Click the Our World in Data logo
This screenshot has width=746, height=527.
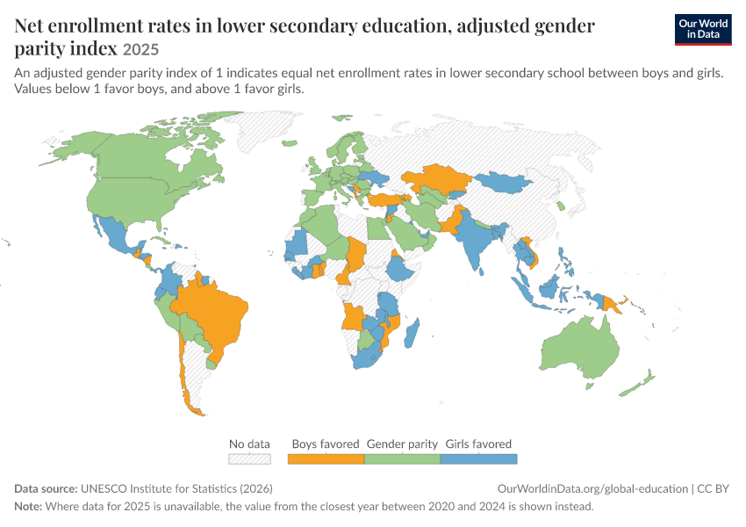pos(703,29)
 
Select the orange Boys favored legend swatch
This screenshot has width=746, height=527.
pos(326,458)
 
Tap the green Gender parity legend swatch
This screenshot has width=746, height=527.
pos(403,458)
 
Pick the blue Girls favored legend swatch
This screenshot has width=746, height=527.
pos(478,458)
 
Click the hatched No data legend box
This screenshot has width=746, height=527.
pos(250,458)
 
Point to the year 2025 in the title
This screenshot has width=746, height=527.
pos(140,49)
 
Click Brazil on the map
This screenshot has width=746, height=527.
pos(214,314)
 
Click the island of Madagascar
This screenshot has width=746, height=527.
pos(412,333)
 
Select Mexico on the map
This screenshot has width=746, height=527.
pos(116,235)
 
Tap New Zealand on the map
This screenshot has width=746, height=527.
pos(637,383)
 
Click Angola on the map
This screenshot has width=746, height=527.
pos(353,316)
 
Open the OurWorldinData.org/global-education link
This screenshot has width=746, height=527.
pos(592,489)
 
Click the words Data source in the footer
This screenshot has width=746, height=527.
pos(46,489)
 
